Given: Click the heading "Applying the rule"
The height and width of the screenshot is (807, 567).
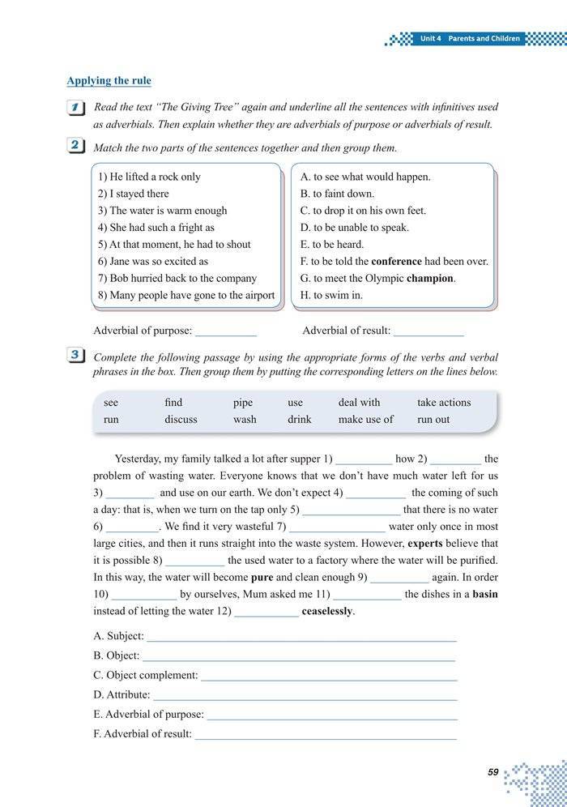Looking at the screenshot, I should [x=109, y=80].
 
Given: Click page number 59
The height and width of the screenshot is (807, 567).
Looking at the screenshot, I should [x=493, y=772].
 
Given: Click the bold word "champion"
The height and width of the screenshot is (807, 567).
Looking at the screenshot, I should [x=430, y=278].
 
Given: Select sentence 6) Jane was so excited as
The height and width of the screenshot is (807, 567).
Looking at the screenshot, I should [x=152, y=261].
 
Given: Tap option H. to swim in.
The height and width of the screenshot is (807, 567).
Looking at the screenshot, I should [x=331, y=295].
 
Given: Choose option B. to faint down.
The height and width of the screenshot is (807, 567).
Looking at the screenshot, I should [x=337, y=194].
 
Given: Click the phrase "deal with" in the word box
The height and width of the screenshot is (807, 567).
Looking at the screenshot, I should [x=359, y=402].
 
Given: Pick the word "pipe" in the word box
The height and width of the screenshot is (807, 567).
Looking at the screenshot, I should [x=243, y=402].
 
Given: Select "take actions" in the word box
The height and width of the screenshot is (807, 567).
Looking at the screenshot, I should [x=444, y=402].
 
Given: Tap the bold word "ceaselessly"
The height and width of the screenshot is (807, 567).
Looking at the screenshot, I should [x=327, y=611].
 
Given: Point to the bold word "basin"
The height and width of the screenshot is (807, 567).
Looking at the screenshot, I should [x=485, y=594].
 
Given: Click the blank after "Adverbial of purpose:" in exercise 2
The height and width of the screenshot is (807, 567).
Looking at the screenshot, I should [x=226, y=331].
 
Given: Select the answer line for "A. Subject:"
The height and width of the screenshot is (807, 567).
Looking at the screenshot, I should [x=301, y=637].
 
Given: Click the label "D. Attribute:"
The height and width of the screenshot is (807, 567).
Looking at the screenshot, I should [x=122, y=694].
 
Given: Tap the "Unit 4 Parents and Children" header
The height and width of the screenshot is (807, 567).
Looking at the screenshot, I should [x=470, y=38].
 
